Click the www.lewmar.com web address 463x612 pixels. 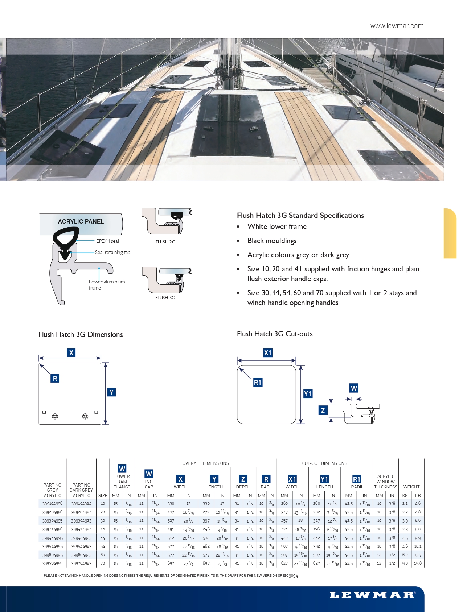click(397, 26)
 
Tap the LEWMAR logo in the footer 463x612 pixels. click(372, 595)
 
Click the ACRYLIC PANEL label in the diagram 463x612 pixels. click(81, 221)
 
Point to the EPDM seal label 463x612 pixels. click(107, 241)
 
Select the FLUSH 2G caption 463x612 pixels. click(165, 242)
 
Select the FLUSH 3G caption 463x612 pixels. click(165, 298)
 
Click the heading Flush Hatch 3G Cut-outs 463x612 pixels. click(275, 334)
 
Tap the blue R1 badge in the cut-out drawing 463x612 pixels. click(258, 382)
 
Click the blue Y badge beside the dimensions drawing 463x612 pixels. click(111, 392)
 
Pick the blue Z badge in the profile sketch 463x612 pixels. click(323, 410)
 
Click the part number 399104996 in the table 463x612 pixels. click(52, 504)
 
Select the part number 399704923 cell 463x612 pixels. click(81, 564)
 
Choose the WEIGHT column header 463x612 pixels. click(411, 487)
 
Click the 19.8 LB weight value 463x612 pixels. click(418, 563)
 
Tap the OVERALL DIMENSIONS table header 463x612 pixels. click(205, 463)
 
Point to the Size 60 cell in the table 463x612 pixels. click(103, 555)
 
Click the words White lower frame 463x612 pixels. click(277, 226)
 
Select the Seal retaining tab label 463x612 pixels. click(112, 253)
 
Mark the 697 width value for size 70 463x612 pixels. click(171, 564)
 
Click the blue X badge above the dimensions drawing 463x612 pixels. click(71, 353)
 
